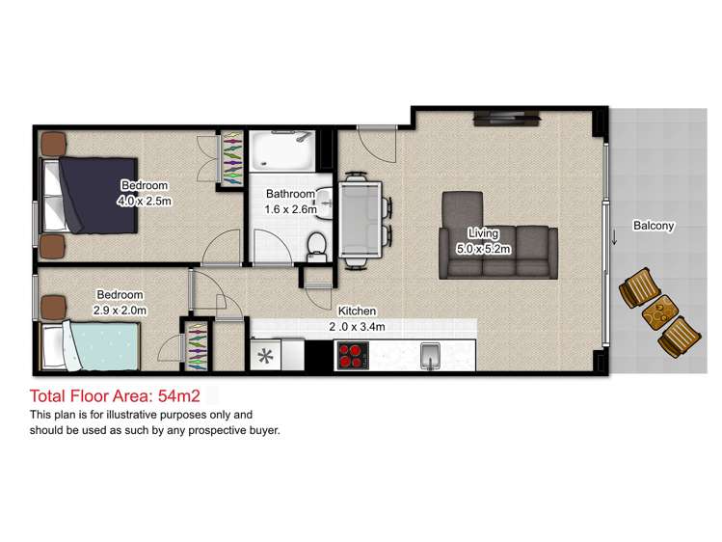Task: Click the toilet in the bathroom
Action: coord(314,245)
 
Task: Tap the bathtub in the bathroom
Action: coord(281,150)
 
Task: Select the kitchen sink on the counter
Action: coord(431,356)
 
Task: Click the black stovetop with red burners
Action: coord(353,357)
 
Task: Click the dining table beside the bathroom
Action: coord(361,217)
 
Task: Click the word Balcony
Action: coord(654,226)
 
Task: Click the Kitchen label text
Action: coord(356,312)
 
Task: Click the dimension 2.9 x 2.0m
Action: coord(120,310)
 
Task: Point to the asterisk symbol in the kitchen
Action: coord(264,356)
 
